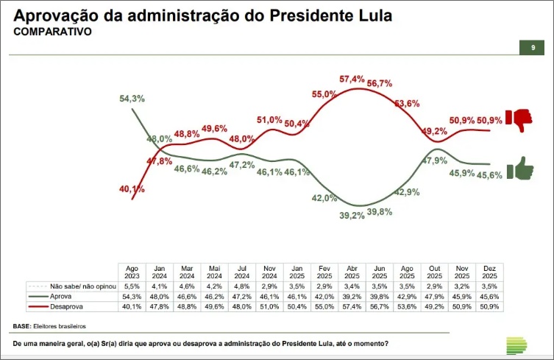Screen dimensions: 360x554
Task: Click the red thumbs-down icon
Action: tap(522, 119)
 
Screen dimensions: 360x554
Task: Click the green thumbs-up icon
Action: tap(522, 169)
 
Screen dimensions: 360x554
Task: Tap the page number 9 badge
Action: tap(533, 48)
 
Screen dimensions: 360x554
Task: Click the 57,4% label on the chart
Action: tap(352, 79)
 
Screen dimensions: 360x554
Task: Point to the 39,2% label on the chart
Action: tap(352, 216)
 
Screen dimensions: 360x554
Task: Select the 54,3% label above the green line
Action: tap(132, 99)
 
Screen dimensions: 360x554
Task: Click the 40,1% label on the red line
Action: tap(132, 189)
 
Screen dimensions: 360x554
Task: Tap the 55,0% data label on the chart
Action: tap(324, 94)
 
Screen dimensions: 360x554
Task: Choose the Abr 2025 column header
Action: tap(351, 271)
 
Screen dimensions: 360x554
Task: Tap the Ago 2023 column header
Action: tap(132, 271)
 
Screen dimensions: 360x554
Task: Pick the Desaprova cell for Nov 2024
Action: tap(270, 306)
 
